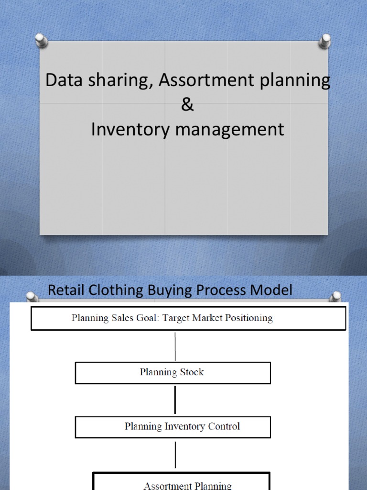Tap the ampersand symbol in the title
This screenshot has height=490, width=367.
pyautogui.click(x=187, y=105)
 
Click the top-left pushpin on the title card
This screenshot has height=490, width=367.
pyautogui.click(x=42, y=40)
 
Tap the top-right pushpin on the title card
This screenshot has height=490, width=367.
pyautogui.click(x=325, y=40)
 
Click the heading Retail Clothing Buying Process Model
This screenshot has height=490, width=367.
pyautogui.click(x=170, y=290)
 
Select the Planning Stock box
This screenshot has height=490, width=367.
pyautogui.click(x=173, y=372)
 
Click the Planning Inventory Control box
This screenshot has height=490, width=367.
pyautogui.click(x=173, y=427)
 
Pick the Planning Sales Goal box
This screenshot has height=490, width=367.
pyautogui.click(x=188, y=318)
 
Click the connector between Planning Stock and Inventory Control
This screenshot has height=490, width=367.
pyautogui.click(x=175, y=400)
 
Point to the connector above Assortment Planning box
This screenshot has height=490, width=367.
pyautogui.click(x=175, y=455)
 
